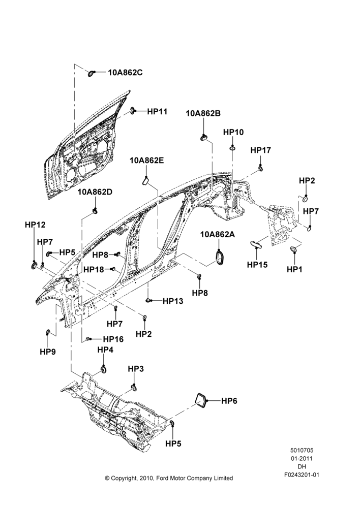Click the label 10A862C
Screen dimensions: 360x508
[125, 73]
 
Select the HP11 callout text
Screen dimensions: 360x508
[157, 111]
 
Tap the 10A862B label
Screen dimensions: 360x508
[203, 113]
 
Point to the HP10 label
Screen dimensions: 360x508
[233, 132]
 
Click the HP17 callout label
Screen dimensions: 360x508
[261, 150]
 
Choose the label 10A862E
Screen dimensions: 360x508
[147, 161]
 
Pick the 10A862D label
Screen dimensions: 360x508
[95, 192]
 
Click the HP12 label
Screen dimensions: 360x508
[36, 225]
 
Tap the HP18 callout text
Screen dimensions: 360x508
[94, 269]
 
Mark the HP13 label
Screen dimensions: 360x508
[173, 301]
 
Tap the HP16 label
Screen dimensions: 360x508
[113, 339]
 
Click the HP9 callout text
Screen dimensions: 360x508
[48, 352]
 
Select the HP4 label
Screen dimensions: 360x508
[105, 350]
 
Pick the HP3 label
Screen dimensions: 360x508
[136, 369]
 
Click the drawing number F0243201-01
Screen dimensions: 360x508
[302, 475]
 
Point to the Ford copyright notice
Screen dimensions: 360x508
[169, 478]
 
